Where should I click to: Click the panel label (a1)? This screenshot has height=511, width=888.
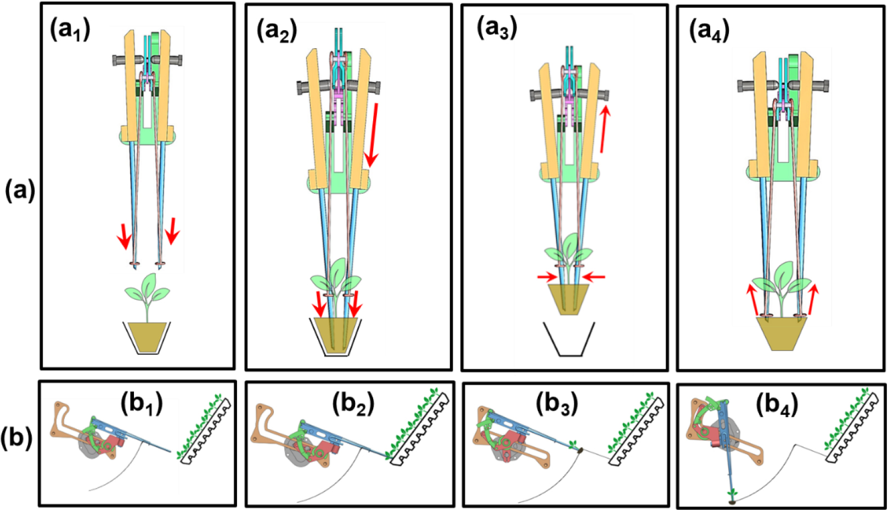pyautogui.click(x=70, y=31)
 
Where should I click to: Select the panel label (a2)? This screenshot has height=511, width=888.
pyautogui.click(x=277, y=33)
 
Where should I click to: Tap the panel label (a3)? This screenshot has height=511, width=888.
pyautogui.click(x=497, y=29)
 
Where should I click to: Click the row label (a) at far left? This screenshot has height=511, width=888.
pyautogui.click(x=20, y=192)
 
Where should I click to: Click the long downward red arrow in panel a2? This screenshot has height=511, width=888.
pyautogui.click(x=374, y=134)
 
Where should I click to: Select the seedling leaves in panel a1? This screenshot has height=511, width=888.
pyautogui.click(x=147, y=290)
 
